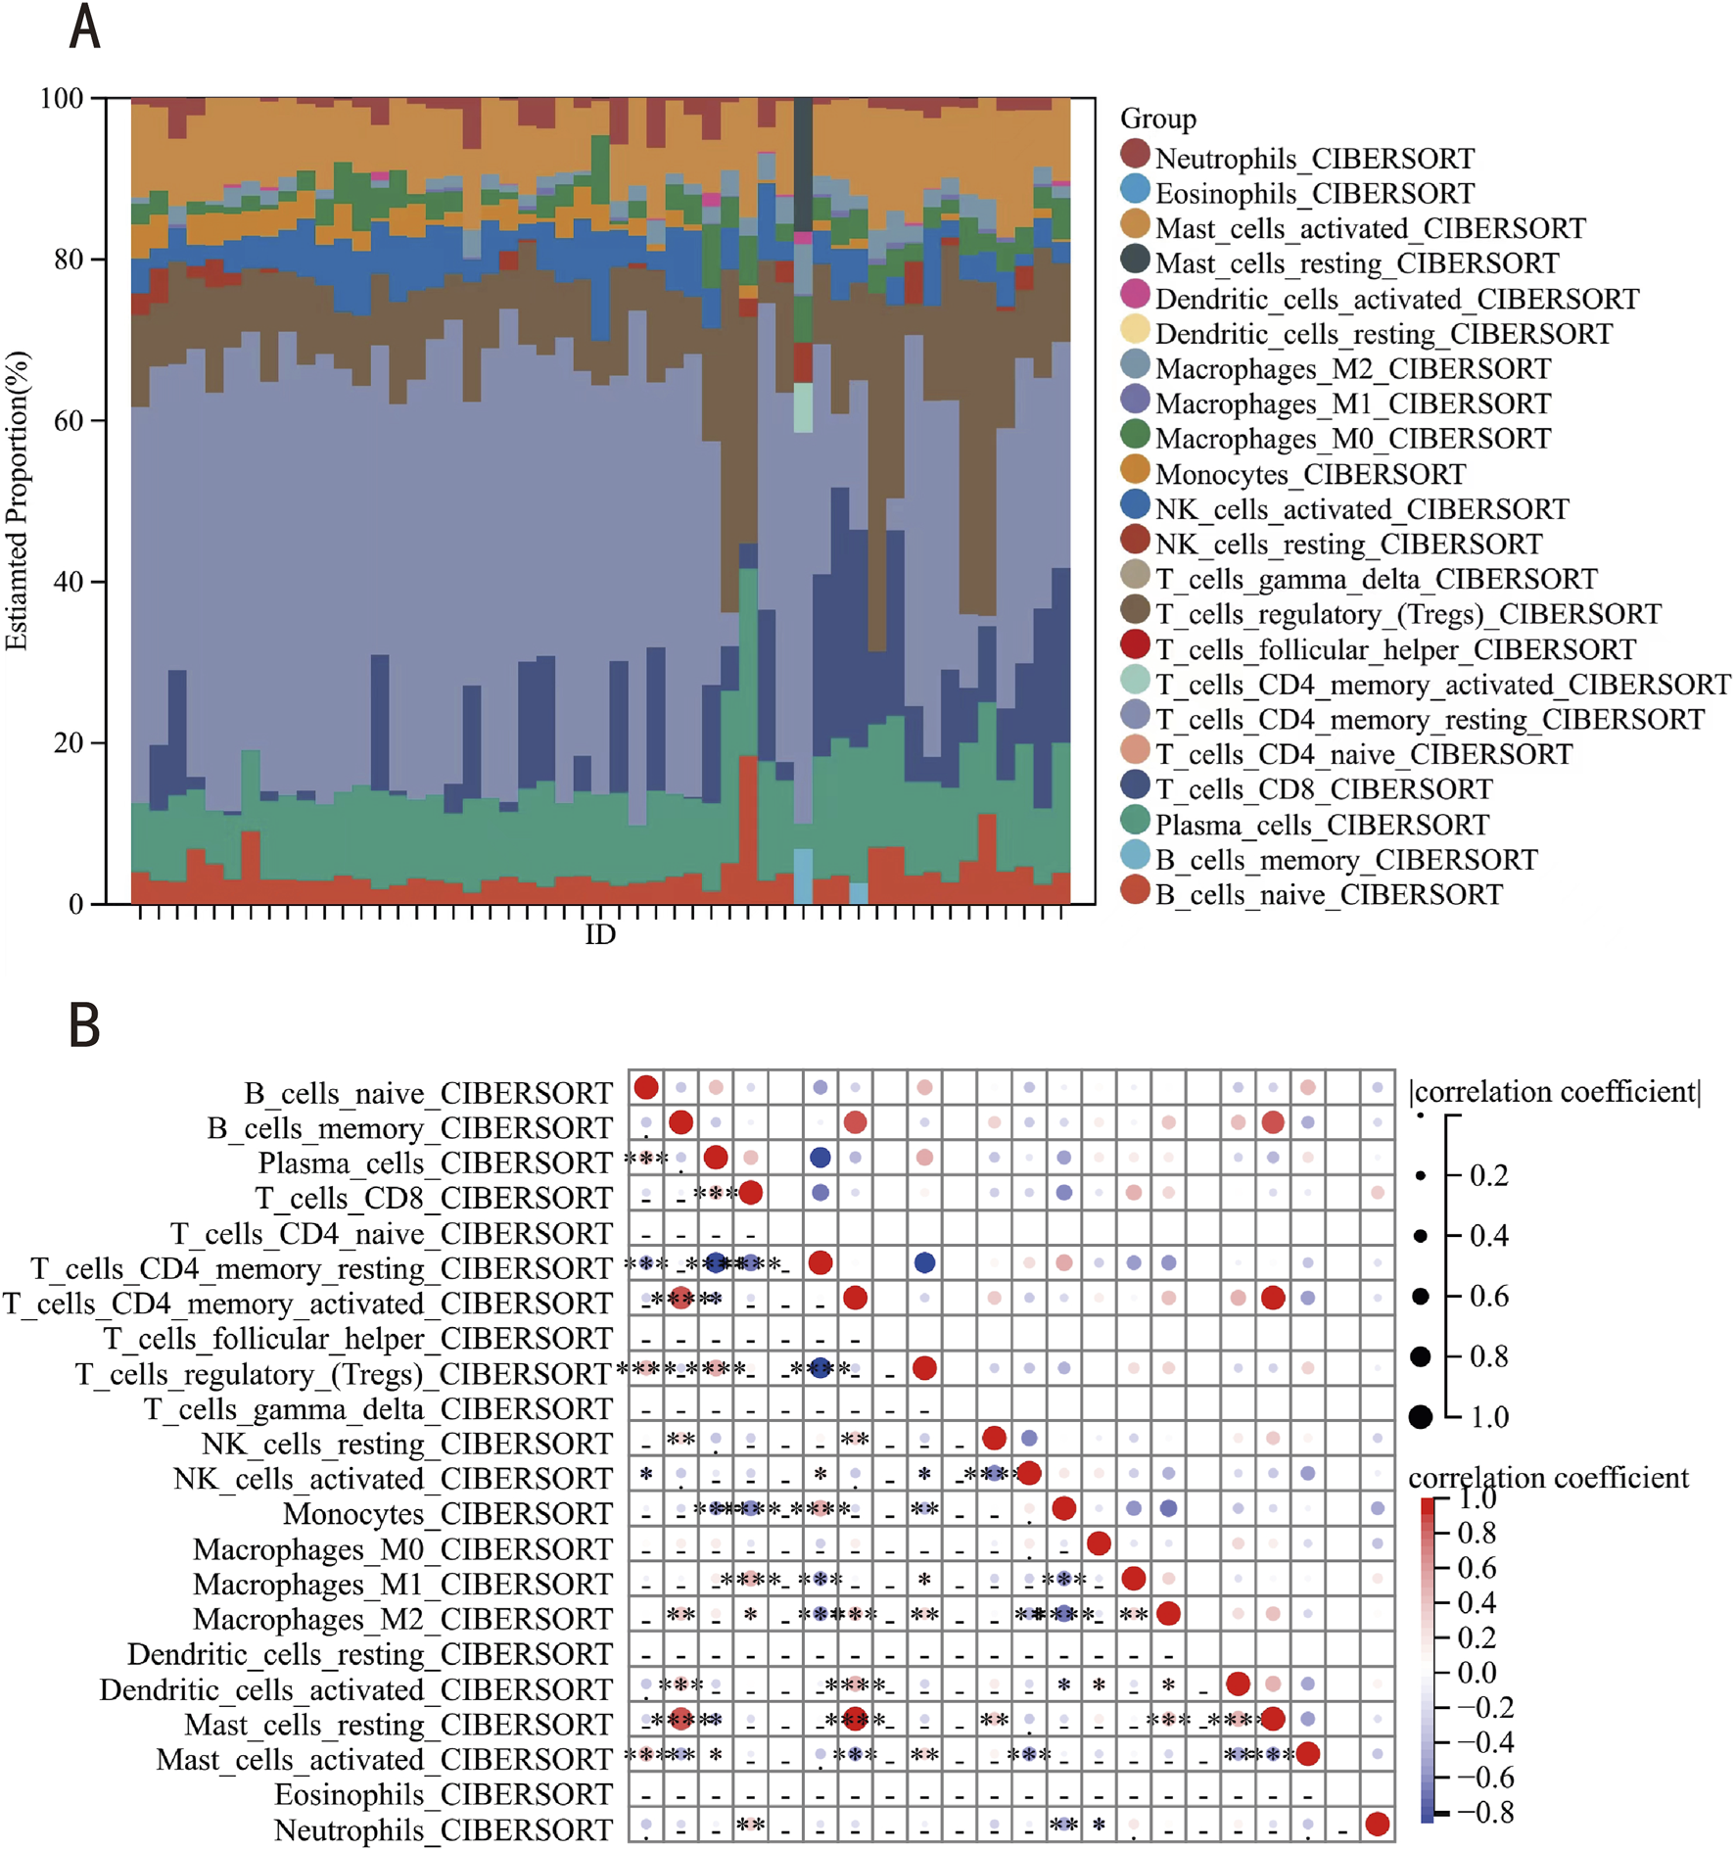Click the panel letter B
[x=84, y=1025]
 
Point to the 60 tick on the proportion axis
[x=69, y=420]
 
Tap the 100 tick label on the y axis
[x=61, y=98]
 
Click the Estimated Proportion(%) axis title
[x=17, y=500]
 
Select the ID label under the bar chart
[x=600, y=934]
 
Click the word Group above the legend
[x=1157, y=119]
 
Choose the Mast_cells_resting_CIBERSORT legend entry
[x=1356, y=263]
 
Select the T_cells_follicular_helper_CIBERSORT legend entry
[x=1394, y=649]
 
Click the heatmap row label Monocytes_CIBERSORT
[x=447, y=1514]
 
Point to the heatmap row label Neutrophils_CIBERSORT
[x=443, y=1829]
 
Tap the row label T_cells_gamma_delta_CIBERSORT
[x=378, y=1408]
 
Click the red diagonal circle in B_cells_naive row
[x=646, y=1087]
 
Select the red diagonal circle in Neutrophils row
[x=1377, y=1824]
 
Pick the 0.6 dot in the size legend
[x=1421, y=1296]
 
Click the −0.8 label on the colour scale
[x=1484, y=1813]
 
